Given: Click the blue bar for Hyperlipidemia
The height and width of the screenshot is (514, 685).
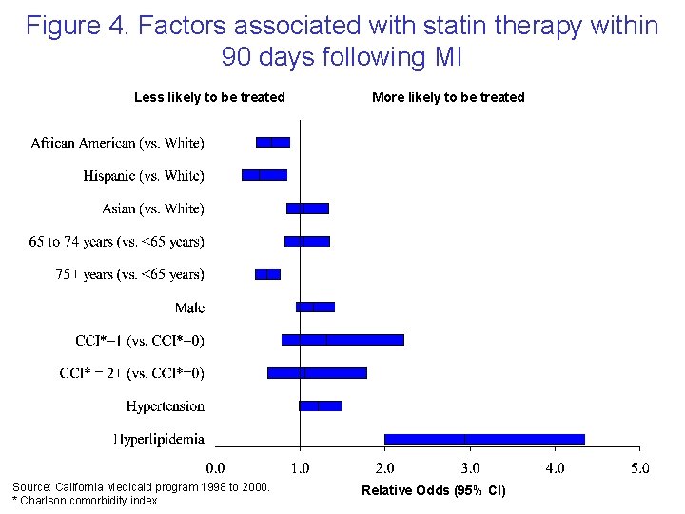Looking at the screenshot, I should pos(483,439).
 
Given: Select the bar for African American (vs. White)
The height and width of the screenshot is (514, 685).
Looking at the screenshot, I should pos(273,143).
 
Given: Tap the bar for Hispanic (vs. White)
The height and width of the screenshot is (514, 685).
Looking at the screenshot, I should pos(264,175).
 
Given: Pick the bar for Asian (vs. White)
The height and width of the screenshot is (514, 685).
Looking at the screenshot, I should pos(307,208).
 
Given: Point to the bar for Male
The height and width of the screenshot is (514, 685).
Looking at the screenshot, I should pos(315,306).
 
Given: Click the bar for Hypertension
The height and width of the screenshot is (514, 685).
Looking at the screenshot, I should pos(321,405).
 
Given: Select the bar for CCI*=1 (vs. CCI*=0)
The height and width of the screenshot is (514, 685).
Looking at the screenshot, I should pos(342,340).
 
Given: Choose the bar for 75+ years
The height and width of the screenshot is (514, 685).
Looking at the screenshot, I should pos(267,274).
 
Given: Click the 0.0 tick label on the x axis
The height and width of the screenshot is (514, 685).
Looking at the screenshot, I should pos(216,467).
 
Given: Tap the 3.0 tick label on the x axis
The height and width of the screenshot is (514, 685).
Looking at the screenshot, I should pos(470,467).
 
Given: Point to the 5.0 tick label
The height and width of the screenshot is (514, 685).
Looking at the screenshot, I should pos(639,467).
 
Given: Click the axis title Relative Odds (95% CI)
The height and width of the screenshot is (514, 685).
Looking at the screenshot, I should pos(434,490).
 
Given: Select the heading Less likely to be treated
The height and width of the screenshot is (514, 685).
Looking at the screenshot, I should pos(209,97).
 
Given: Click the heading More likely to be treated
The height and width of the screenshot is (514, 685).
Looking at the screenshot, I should pos(448,97).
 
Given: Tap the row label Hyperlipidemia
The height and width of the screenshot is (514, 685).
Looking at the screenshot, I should pos(158,439).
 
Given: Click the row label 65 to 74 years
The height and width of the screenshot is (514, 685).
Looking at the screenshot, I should pos(116,242).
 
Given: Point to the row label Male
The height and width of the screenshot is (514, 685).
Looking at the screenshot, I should pos(189,307).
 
